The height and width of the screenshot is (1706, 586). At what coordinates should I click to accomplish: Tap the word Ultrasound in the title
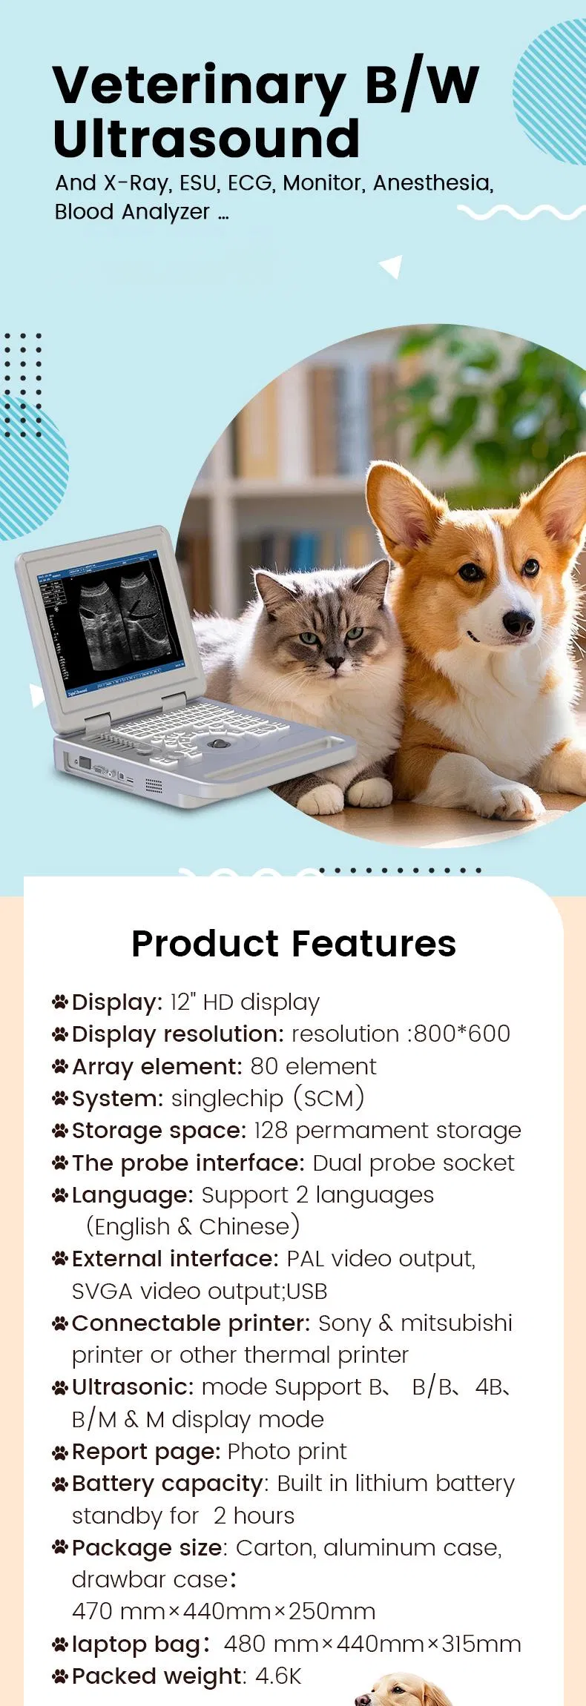[206, 139]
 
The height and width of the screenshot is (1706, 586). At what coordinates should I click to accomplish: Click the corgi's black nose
[518, 624]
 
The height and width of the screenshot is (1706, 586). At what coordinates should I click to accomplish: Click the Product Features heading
[293, 943]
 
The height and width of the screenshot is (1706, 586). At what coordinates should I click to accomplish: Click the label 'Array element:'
[157, 1066]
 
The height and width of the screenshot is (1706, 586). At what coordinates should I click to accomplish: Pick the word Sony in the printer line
[344, 1323]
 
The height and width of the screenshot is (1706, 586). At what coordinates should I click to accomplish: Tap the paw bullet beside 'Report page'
[60, 1452]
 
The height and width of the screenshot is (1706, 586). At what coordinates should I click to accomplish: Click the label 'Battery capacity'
[168, 1484]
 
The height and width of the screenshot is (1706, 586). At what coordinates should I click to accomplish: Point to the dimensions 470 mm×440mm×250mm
[223, 1611]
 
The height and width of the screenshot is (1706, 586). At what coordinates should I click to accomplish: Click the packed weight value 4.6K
[278, 1676]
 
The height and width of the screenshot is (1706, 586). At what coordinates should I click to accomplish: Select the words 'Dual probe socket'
[413, 1163]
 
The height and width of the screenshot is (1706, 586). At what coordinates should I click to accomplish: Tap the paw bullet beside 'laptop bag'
[60, 1644]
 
